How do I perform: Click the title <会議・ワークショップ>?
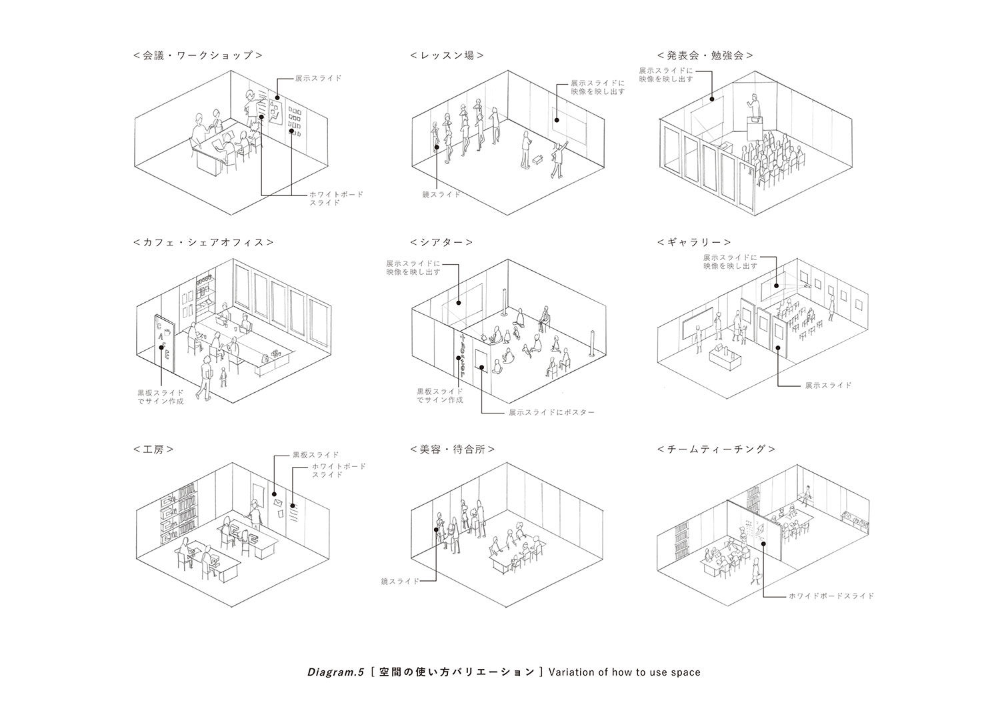[x=197, y=55]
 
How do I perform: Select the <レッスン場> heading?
[x=447, y=55]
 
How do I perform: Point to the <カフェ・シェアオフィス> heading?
[x=203, y=242]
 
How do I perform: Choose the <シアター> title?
[x=441, y=242]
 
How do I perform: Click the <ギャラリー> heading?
[x=694, y=242]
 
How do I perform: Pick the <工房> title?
[x=153, y=449]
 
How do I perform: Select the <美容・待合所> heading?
[x=453, y=449]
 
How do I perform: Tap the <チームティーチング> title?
[x=716, y=449]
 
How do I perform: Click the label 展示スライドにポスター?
[x=551, y=413]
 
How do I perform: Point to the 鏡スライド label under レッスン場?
[x=441, y=195]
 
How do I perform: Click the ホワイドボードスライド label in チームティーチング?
[x=831, y=596]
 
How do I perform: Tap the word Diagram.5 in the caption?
[x=335, y=672]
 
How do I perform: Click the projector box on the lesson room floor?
[x=537, y=160]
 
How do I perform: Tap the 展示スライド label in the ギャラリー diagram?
[x=828, y=386]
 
